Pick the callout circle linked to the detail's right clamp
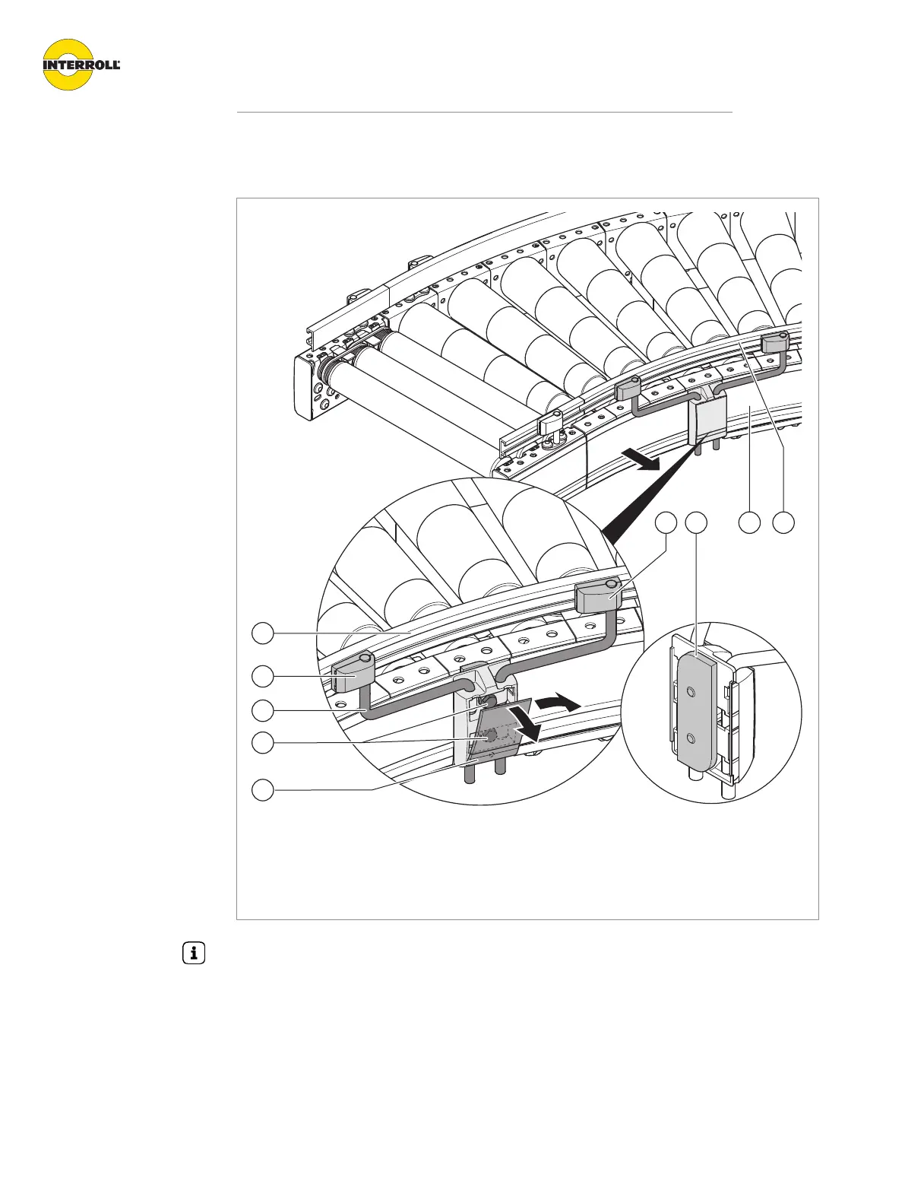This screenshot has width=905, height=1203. coord(666,522)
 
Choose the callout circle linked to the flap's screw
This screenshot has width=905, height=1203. coord(263,743)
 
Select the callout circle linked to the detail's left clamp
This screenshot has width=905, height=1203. coord(263,675)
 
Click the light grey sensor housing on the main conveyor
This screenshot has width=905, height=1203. coord(707,421)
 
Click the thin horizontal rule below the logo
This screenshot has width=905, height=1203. coord(484,113)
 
